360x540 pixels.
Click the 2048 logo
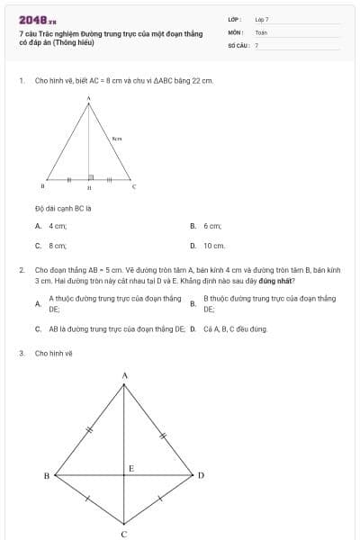coord(37,20)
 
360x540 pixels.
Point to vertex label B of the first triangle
coord(42,186)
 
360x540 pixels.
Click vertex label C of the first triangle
coord(134,186)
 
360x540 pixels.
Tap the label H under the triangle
coord(88,188)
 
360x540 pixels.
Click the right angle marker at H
coord(91,176)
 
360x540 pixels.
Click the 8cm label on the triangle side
coord(117,139)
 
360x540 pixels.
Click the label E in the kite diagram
coord(130,468)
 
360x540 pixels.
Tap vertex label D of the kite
coord(201,474)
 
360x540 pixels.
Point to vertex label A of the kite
coord(124,374)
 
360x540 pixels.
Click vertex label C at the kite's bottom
coord(124,533)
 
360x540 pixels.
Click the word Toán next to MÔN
coord(261,31)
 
